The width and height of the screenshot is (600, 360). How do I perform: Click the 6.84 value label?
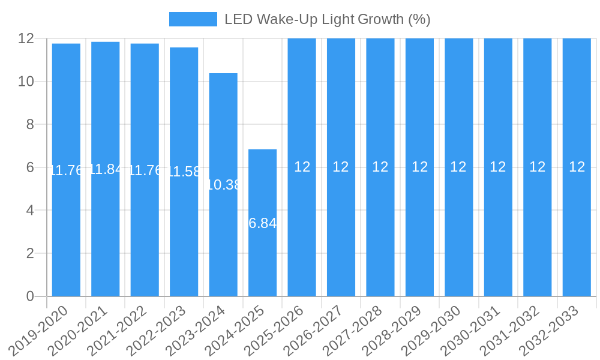click(x=262, y=223)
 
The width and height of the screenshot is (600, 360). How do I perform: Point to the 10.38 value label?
click(x=223, y=185)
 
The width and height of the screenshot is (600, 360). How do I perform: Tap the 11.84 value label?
click(x=106, y=169)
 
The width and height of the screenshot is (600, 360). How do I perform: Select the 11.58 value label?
click(x=184, y=172)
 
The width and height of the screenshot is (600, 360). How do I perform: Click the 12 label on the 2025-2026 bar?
click(x=302, y=167)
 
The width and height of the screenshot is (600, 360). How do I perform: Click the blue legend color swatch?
click(x=193, y=19)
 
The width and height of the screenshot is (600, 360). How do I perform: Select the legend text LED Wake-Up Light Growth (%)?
click(x=327, y=19)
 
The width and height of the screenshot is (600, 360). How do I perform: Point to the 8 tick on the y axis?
click(x=29, y=124)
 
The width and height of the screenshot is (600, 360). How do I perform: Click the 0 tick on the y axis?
click(x=29, y=296)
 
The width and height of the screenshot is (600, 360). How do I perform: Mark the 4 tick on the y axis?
click(x=29, y=210)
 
